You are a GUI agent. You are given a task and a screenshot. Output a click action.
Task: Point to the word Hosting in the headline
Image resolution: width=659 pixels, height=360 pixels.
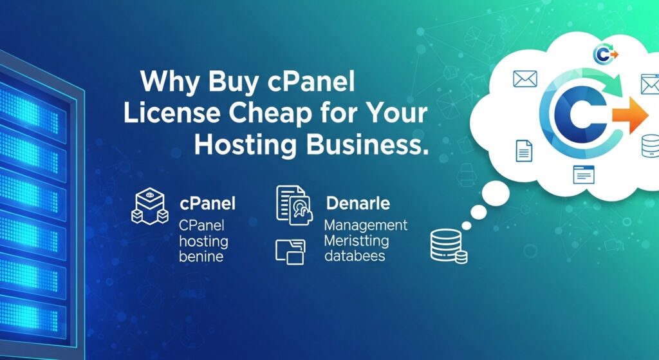click(246, 146)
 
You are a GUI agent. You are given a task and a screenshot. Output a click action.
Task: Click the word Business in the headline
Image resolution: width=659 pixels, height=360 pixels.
click(364, 145)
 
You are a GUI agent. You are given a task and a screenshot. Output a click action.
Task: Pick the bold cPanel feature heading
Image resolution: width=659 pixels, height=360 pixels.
click(207, 204)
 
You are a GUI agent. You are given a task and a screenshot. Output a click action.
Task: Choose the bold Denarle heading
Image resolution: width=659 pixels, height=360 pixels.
click(358, 204)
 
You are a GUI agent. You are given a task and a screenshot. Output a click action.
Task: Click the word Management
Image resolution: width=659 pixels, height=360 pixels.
click(366, 226)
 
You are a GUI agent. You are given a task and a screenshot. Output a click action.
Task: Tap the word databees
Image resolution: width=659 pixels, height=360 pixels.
click(355, 256)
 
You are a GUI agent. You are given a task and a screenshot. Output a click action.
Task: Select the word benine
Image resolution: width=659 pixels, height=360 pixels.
click(201, 256)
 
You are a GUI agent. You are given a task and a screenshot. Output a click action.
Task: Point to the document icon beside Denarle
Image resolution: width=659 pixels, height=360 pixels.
click(294, 205)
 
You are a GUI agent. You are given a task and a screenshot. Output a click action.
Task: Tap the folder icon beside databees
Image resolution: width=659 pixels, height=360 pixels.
click(290, 252)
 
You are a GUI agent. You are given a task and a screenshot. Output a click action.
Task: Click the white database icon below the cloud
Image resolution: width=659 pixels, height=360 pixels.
click(449, 247)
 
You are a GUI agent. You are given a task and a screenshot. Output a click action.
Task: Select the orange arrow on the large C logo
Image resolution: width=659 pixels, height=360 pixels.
click(630, 115)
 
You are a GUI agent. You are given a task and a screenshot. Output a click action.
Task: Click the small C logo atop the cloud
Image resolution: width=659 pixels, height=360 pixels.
click(605, 54)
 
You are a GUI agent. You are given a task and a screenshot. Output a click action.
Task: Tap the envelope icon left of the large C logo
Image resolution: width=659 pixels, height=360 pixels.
click(525, 79)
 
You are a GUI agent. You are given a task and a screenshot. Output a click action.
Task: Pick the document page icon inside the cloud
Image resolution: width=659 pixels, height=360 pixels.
click(524, 151)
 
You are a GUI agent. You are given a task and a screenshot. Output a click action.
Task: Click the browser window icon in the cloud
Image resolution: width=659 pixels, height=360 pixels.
click(584, 174)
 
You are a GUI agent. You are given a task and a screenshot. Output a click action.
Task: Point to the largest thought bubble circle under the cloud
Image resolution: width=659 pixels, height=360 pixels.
click(496, 194)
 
